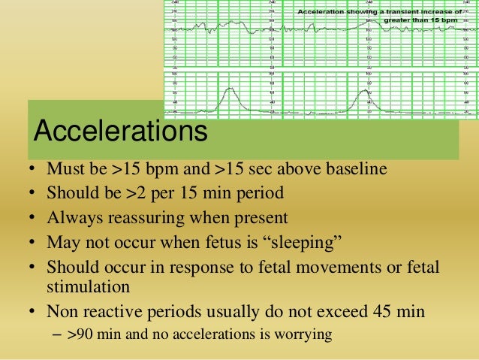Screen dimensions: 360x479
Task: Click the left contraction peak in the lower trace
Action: (231, 89)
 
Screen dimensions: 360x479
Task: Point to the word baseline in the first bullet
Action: (353, 168)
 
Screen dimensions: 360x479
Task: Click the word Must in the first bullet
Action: (65, 168)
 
